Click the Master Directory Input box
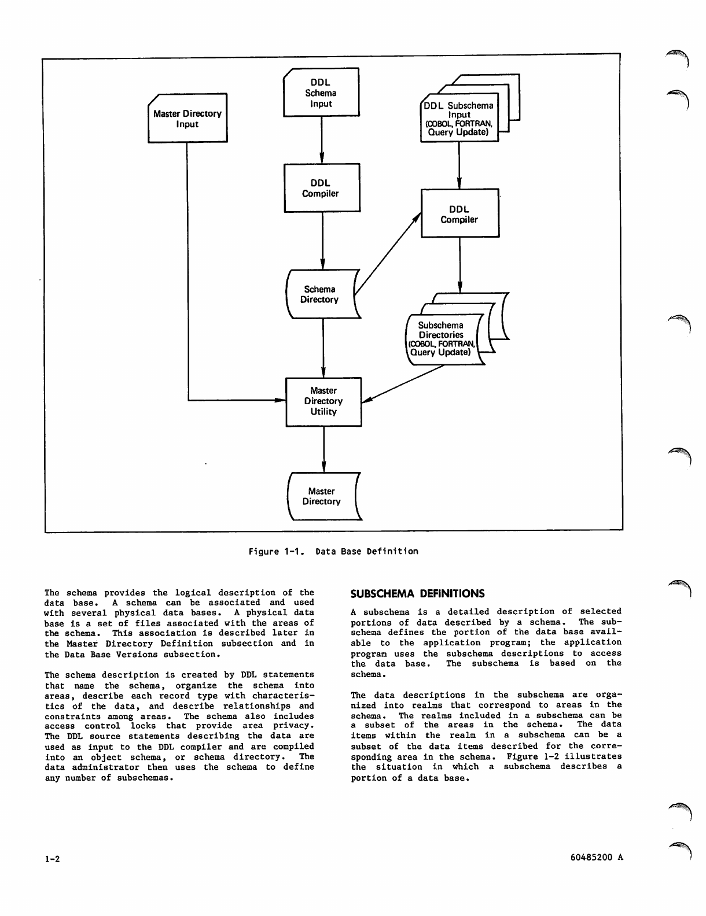click(187, 119)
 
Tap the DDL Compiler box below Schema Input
click(321, 188)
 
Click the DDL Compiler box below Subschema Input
click(459, 213)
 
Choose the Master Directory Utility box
click(323, 402)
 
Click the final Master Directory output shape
click(322, 497)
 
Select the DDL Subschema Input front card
click(458, 119)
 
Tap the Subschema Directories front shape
click(443, 339)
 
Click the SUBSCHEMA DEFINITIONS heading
click(417, 594)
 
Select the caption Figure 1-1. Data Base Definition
click(333, 552)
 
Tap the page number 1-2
click(52, 859)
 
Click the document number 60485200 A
click(596, 858)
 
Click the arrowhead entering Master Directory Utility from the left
click(281, 400)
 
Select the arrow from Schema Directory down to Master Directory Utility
click(322, 347)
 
